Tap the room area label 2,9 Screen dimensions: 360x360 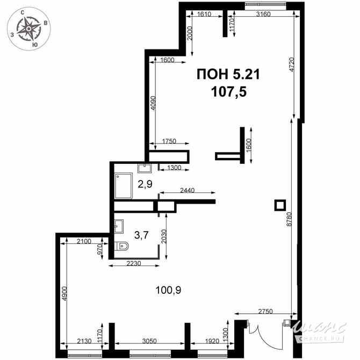145,184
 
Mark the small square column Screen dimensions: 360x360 279,205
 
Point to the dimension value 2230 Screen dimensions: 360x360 134,263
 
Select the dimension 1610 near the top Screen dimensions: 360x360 204,15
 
